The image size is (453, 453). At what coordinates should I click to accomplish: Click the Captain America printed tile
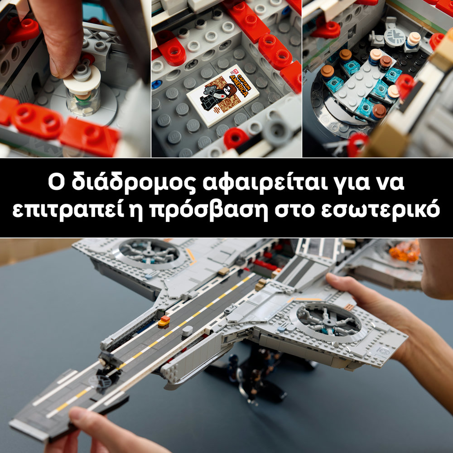pos(222,95)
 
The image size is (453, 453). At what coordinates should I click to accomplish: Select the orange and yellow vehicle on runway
pos(164,321)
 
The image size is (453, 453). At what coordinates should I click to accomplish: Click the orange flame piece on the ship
pos(405,251)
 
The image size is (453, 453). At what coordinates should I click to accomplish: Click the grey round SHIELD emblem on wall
pos(395,38)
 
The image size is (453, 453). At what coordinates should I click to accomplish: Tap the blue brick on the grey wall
pos(156,85)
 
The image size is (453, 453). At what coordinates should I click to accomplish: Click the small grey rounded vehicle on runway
pos(188,331)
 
